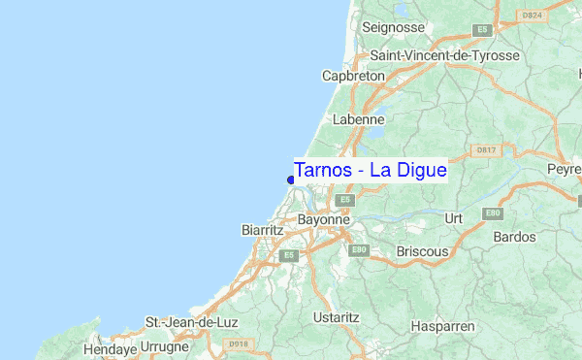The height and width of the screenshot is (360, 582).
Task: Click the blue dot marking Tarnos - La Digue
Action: [x=291, y=180]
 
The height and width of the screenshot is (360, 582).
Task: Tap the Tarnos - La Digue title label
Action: [x=370, y=170]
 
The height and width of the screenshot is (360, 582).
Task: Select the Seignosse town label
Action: [x=394, y=27]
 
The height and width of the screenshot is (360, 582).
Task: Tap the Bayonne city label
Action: [x=324, y=220]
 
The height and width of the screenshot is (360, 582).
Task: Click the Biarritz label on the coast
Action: [x=261, y=231]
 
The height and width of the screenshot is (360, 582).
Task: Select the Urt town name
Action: [x=453, y=218]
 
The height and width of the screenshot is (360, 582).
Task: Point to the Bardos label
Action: [x=514, y=237]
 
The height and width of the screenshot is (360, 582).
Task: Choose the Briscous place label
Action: [x=422, y=251]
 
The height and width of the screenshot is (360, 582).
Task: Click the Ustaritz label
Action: [x=337, y=317]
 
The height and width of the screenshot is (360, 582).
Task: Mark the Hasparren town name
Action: [x=441, y=327]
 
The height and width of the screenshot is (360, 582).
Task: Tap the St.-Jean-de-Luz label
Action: [x=191, y=321]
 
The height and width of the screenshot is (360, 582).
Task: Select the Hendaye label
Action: [x=109, y=348]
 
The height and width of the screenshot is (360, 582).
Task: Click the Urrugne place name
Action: [x=165, y=346]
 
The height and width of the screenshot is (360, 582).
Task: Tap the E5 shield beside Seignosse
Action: [x=481, y=31]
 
